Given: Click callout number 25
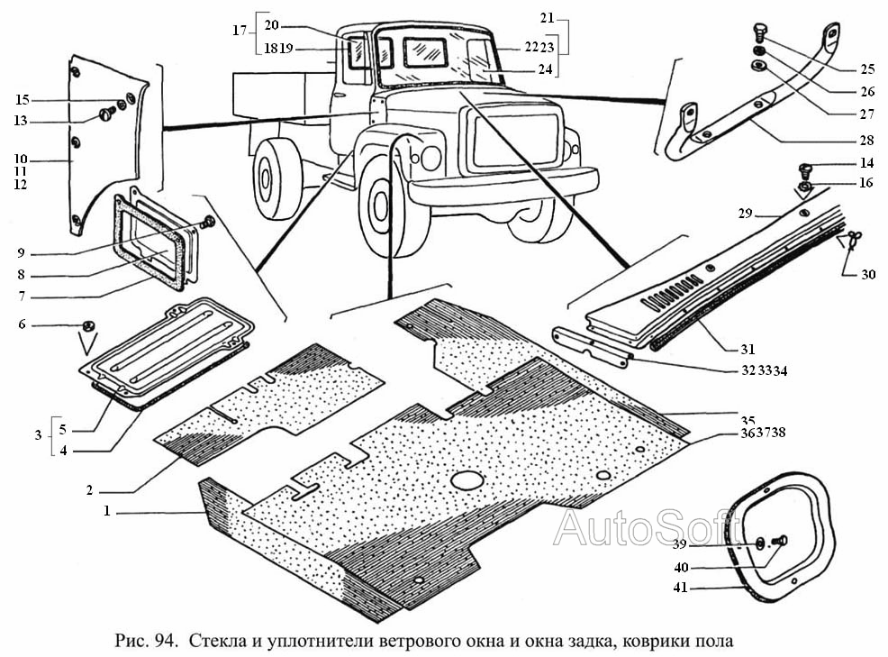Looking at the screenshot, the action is click(867, 69).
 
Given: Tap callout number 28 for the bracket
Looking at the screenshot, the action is click(866, 141).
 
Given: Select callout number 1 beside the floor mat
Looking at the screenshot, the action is click(107, 511).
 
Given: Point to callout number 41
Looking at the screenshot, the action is click(681, 588).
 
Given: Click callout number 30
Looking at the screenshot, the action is click(868, 274).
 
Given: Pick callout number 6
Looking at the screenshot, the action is click(23, 324).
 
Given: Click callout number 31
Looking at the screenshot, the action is click(748, 349).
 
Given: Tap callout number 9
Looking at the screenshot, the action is click(21, 253).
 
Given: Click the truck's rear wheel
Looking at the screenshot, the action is click(276, 178).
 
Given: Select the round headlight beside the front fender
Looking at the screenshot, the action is click(431, 158).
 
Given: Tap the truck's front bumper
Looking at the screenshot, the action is click(503, 185).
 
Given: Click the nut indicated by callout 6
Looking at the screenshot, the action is click(88, 326).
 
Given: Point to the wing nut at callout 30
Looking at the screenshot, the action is click(851, 239).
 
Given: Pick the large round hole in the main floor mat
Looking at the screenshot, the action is click(467, 480).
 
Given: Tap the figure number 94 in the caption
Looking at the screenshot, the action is click(164, 641).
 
